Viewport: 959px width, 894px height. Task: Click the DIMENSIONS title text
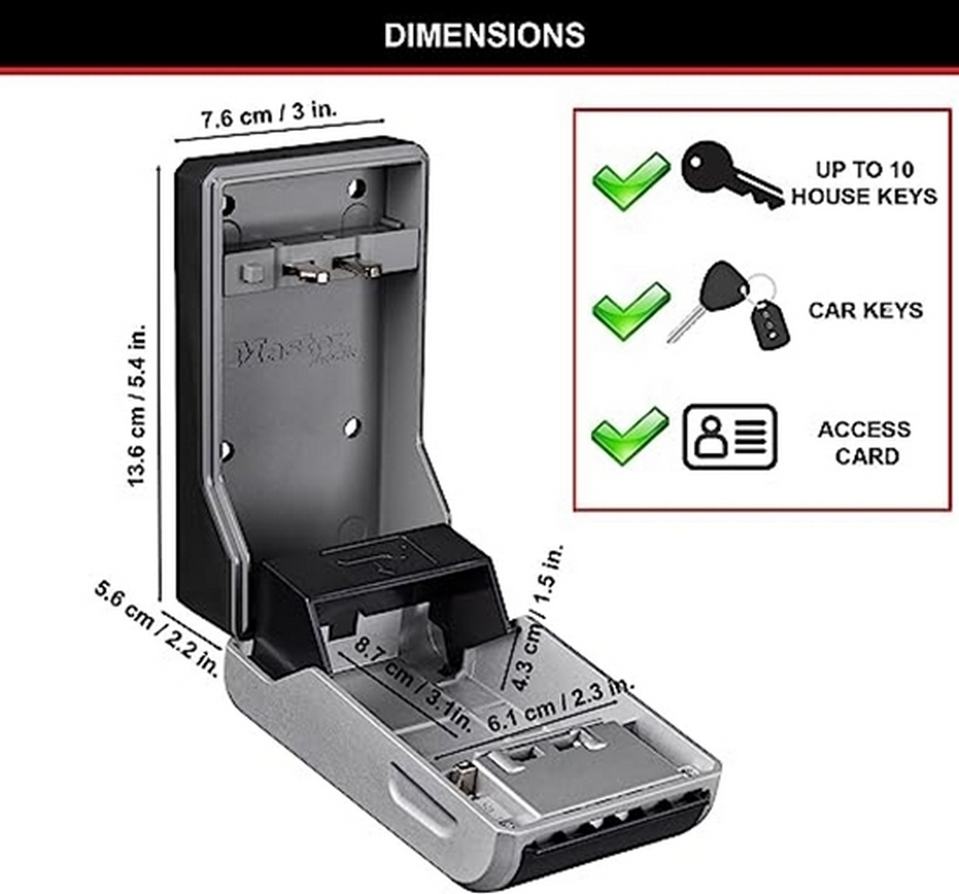[484, 35]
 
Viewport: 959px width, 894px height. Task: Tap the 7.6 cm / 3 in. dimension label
[270, 116]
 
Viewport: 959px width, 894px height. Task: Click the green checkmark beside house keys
[631, 179]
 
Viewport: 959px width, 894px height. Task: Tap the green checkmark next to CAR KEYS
[631, 310]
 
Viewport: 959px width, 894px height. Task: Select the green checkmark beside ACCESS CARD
[630, 433]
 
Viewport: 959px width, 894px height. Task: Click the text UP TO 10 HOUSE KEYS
[863, 183]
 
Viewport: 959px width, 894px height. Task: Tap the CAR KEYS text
[865, 310]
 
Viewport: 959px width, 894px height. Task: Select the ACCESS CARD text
[863, 443]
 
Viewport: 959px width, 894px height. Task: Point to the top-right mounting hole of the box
[357, 187]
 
